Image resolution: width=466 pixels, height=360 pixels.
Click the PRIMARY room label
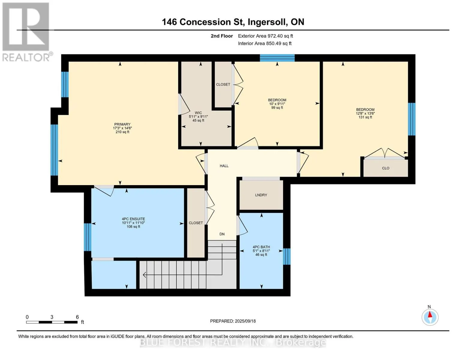pos(122,124)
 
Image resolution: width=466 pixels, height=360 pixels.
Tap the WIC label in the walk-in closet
pos(198,113)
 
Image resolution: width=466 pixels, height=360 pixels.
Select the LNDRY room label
pos(261,195)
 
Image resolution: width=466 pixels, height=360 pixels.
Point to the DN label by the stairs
pos(222,234)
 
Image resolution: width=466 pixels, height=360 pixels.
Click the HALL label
pos(224,166)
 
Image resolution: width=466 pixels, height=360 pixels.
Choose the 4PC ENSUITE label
pos(134,219)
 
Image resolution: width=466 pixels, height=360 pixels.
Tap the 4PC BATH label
pos(261,247)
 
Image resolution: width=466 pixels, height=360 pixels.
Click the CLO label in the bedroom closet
pos(386,168)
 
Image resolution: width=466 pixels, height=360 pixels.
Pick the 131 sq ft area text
pos(365,117)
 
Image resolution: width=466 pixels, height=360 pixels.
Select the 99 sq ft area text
pos(277,108)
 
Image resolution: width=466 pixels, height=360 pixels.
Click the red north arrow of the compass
pos(430,314)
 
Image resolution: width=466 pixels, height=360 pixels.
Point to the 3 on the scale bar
pos(52,317)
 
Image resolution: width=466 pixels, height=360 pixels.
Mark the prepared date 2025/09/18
pos(245,321)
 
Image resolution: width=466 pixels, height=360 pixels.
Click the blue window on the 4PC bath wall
pos(287,256)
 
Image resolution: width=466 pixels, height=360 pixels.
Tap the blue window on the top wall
pos(277,58)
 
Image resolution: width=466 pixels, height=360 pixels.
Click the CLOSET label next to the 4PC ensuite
pos(196,223)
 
